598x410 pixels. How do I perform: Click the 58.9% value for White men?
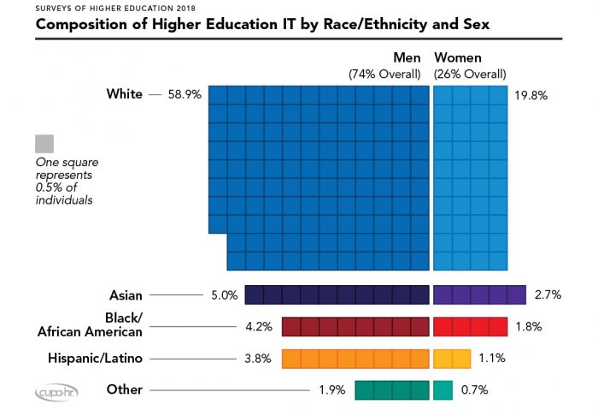[185, 94]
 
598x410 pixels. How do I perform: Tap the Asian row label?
[125, 294]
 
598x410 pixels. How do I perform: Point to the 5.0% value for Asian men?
[223, 295]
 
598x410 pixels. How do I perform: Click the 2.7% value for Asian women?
[547, 295]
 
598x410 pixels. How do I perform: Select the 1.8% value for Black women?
[529, 327]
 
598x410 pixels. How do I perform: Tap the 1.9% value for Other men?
[332, 390]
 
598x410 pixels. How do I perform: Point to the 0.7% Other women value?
[474, 390]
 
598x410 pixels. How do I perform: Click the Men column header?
[408, 57]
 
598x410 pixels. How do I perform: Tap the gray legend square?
[45, 143]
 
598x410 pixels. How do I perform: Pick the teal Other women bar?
[443, 390]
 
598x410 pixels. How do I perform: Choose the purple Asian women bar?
[479, 295]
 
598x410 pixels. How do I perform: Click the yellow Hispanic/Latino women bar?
[452, 359]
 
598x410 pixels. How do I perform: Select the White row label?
[124, 93]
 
